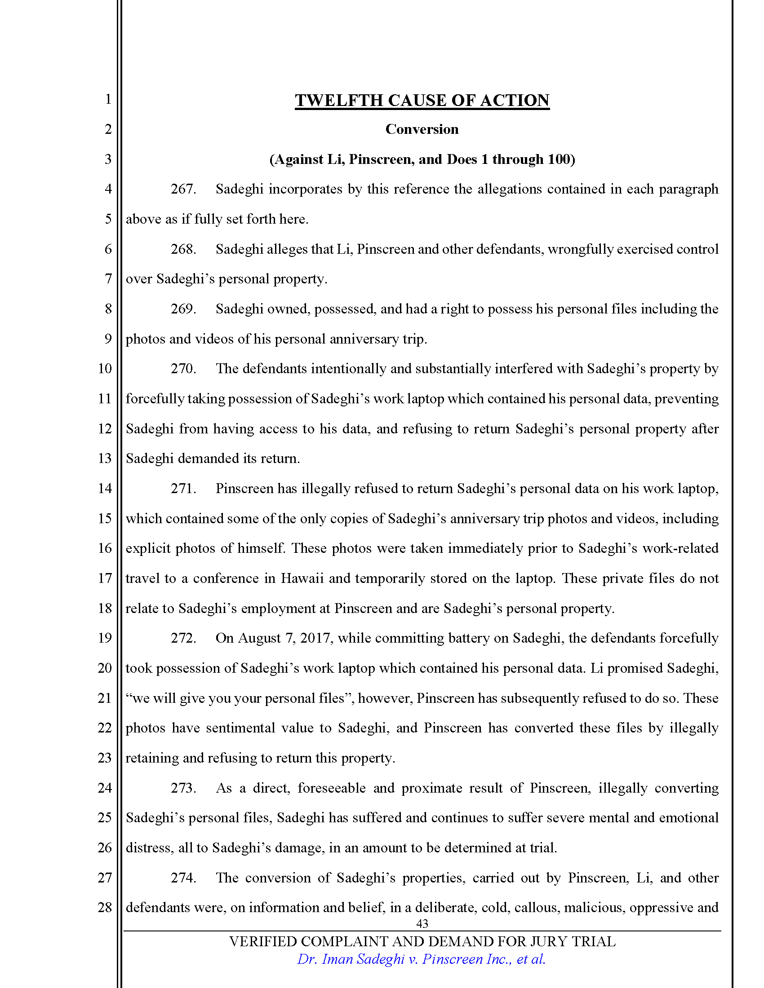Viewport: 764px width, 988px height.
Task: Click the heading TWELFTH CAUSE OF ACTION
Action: coord(422,101)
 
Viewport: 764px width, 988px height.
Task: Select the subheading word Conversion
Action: coord(422,129)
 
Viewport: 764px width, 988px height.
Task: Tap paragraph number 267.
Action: coord(183,189)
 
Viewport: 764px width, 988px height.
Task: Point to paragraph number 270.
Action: coord(183,369)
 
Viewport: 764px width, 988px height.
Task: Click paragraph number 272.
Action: coord(183,638)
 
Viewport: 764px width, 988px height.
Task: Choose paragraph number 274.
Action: coord(183,878)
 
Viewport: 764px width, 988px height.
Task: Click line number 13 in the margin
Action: coord(105,458)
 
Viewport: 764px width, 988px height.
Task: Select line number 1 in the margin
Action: coord(108,99)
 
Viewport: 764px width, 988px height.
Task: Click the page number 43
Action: coord(422,923)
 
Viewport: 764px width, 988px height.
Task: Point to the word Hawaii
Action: coord(302,578)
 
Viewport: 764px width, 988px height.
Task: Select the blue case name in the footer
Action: coord(421,960)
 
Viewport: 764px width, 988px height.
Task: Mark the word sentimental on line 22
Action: coord(240,728)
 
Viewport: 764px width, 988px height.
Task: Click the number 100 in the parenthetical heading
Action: coord(558,159)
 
